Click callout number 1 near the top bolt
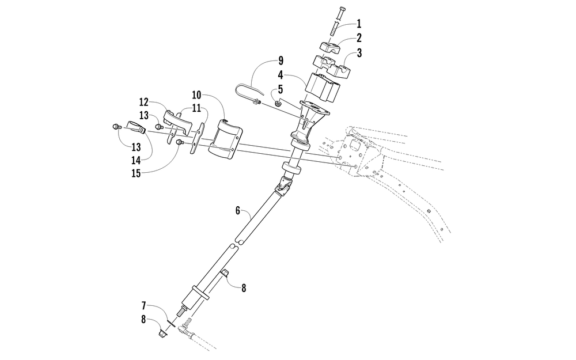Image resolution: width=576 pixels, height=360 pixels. [x=359, y=24]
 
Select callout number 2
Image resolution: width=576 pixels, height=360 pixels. [x=359, y=38]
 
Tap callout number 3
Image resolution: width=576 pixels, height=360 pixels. [x=359, y=53]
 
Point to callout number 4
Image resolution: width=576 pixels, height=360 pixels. [x=281, y=75]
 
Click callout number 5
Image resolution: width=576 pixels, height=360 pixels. [x=281, y=89]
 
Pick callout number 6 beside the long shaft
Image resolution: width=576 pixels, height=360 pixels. [x=238, y=210]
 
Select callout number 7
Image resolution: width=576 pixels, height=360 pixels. [x=143, y=305]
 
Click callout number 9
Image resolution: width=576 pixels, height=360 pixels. [x=281, y=60]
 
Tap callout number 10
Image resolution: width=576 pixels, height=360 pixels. [x=196, y=95]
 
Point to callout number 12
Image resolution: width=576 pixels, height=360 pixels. [x=143, y=102]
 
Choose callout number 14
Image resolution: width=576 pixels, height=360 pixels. [x=136, y=161]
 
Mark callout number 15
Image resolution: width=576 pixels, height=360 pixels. [x=136, y=173]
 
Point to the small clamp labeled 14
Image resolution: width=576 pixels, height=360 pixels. [x=136, y=126]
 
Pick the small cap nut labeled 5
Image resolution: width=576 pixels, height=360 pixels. [x=278, y=104]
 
